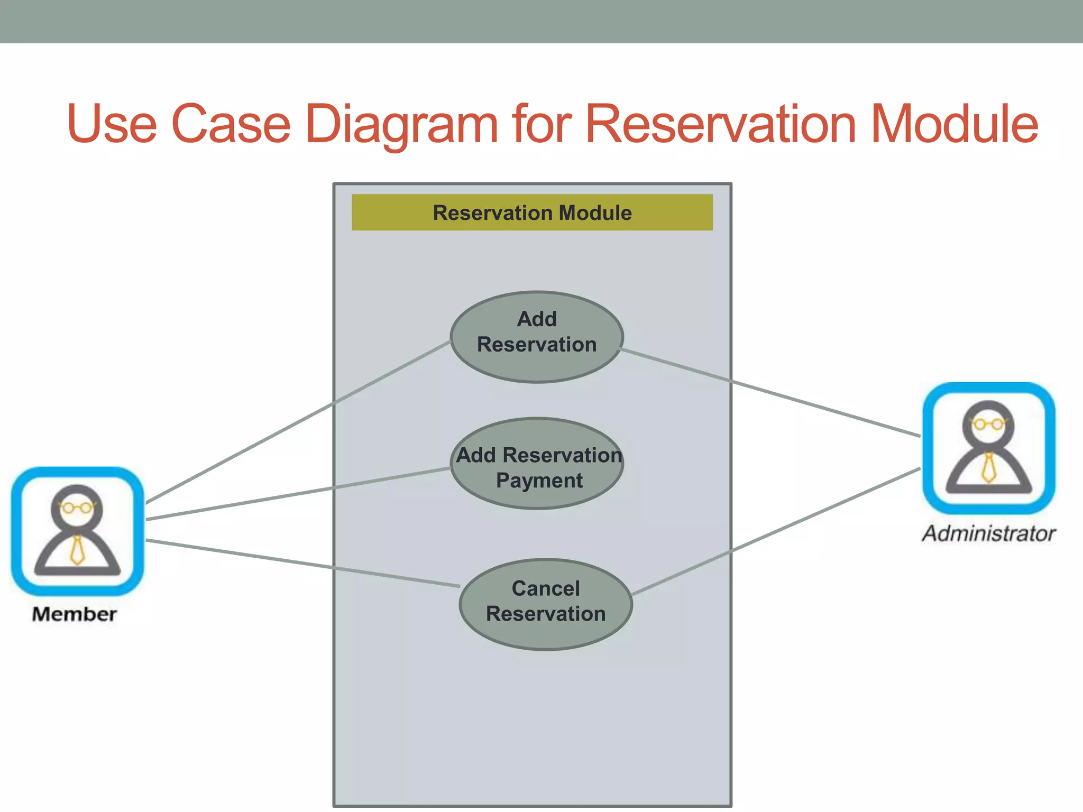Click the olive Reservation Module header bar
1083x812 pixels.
click(x=532, y=213)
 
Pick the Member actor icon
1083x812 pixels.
click(x=77, y=531)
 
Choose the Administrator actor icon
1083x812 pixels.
click(x=988, y=448)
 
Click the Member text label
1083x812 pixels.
click(x=74, y=614)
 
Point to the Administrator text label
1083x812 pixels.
click(x=988, y=533)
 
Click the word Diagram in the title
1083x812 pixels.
click(x=402, y=124)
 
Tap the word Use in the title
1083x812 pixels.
click(x=112, y=124)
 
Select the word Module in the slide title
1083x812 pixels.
click(x=954, y=124)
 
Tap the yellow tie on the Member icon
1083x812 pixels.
click(x=77, y=550)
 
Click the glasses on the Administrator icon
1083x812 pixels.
click(x=988, y=424)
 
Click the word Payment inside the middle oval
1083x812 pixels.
click(x=539, y=481)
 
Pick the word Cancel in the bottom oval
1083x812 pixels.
click(x=545, y=589)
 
